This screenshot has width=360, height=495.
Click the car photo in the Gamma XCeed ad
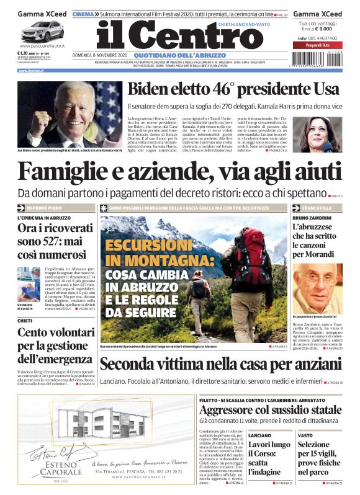(42, 31)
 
